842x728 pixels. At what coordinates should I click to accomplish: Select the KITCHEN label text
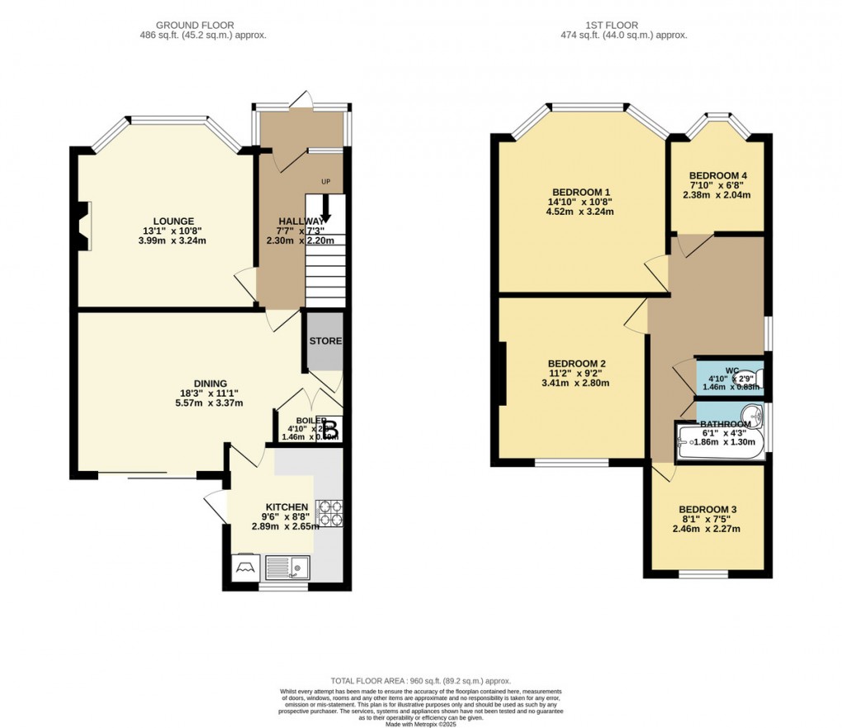coord(286,507)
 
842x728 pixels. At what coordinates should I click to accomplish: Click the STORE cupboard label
coord(325,341)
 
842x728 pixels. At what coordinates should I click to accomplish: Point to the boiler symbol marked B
coord(329,430)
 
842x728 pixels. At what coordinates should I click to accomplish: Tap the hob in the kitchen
coord(329,512)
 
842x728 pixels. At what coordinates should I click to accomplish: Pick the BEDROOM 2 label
coord(578,364)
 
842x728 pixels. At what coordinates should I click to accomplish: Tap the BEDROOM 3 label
coord(707,509)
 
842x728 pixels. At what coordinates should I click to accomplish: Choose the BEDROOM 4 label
coord(718,175)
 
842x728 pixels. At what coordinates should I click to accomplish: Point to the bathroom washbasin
coord(751,412)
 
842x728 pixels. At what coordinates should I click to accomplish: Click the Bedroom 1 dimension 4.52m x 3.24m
coord(579,212)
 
